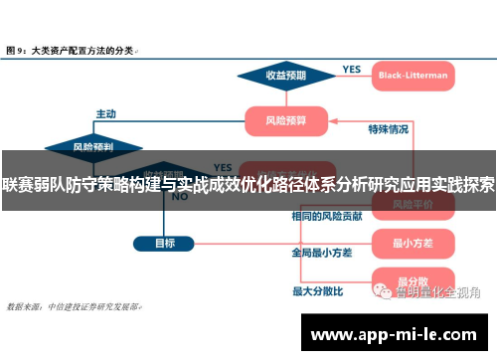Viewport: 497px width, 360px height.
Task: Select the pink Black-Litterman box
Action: pos(413,75)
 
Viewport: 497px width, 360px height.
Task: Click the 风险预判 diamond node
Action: pos(92,146)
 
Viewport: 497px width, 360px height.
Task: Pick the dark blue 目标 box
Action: pos(164,242)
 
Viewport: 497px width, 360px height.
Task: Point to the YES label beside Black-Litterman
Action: pos(351,70)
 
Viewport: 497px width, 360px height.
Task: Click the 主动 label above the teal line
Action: pos(105,113)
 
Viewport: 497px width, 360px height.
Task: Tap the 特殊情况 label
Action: pos(389,129)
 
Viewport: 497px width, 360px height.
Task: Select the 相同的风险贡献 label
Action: pos(325,216)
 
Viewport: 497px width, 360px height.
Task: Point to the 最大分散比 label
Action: pos(317,291)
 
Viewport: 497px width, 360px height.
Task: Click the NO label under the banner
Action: pos(180,197)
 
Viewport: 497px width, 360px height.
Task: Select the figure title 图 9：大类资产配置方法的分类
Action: pos(74,48)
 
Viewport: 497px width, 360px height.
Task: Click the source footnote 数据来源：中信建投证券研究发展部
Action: pos(74,306)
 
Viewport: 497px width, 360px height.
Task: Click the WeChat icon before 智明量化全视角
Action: pos(383,292)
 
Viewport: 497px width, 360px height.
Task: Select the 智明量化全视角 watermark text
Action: pos(437,292)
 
